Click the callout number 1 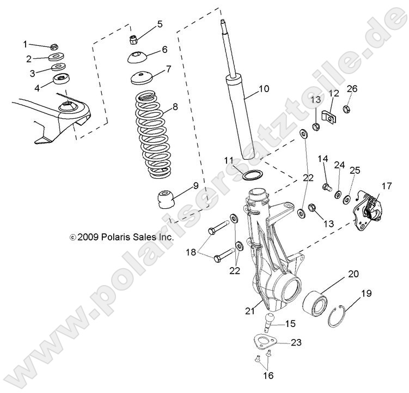[x=25, y=44]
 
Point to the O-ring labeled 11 [x=252, y=176]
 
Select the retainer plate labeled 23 [x=265, y=343]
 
